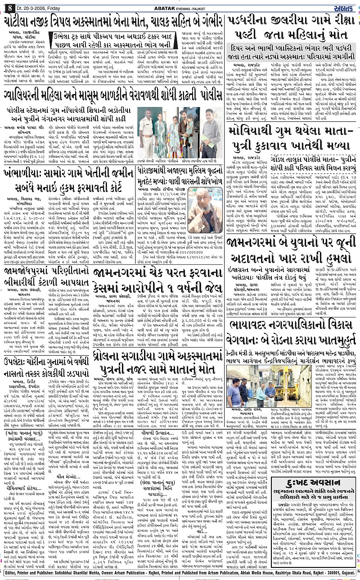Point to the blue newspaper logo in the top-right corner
(x=346, y=5)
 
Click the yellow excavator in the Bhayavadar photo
(x=291, y=380)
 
